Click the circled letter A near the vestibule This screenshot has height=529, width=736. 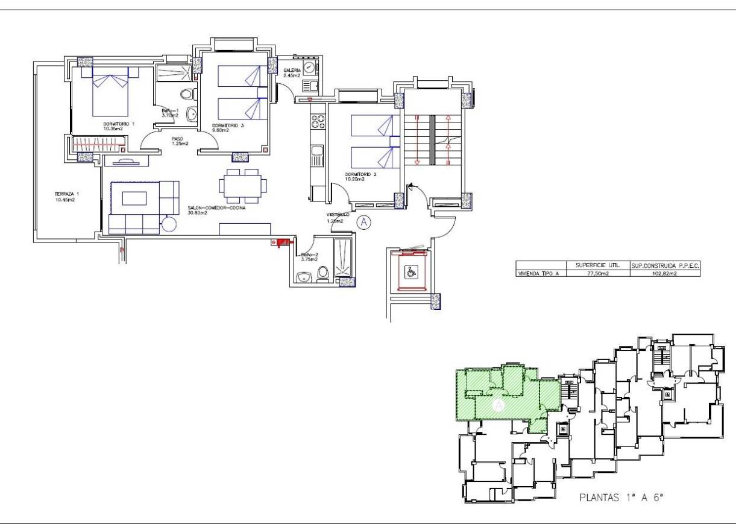[363, 222]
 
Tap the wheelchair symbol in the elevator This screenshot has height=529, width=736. [411, 273]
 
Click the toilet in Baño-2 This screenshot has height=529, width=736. [322, 274]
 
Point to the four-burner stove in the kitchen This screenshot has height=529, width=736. [317, 121]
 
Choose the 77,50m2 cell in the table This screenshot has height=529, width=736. [597, 273]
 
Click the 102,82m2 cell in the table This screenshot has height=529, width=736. [665, 273]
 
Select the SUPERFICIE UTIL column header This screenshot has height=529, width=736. [597, 265]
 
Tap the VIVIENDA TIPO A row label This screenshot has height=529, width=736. [541, 273]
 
